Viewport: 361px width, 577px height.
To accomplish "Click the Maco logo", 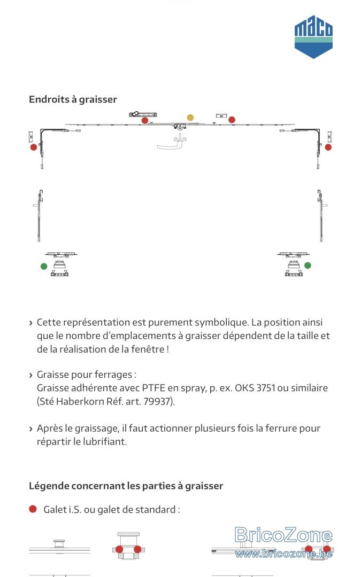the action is [313, 37].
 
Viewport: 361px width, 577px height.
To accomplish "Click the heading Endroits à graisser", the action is [73, 99].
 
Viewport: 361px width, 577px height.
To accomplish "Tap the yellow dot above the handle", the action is [190, 118].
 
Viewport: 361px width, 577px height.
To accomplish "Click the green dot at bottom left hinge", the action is [44, 266].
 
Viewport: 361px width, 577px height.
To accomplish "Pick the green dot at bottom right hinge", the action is [308, 266].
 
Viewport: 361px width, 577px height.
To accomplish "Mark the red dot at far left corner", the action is [34, 147].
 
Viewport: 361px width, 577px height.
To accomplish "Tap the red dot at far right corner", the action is [328, 147].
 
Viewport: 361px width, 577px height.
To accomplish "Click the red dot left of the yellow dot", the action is [145, 120].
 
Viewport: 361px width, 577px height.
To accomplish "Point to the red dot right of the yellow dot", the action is [232, 120].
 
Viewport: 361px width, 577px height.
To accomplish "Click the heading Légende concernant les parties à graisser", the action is [126, 486].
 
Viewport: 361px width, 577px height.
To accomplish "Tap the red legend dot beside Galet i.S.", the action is [33, 509].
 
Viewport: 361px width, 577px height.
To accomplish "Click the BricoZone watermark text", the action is [283, 535].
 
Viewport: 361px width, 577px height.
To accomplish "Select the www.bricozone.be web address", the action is [283, 553].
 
